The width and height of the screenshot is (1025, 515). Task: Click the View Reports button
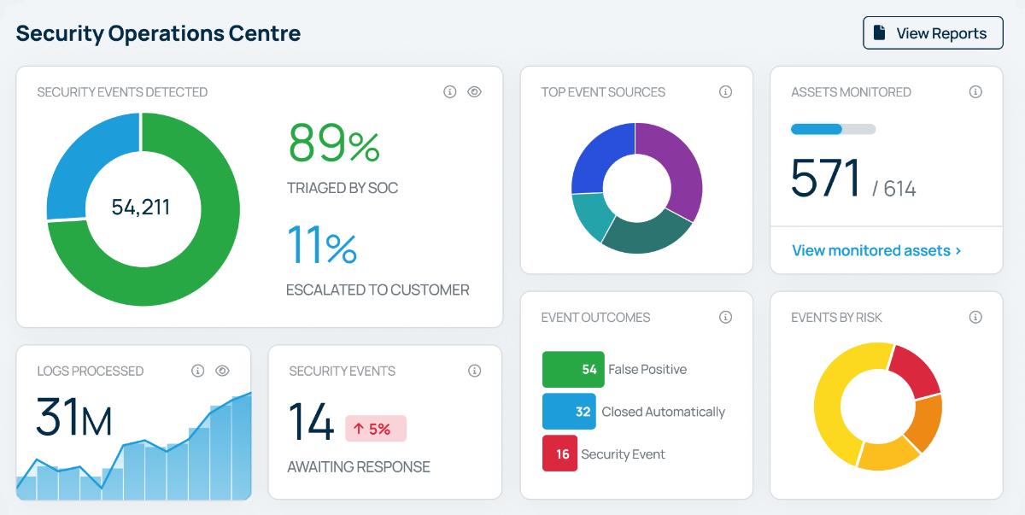coord(933,33)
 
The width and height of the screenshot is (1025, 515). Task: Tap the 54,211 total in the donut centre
coord(141,207)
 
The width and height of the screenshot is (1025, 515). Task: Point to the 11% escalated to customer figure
coord(322,244)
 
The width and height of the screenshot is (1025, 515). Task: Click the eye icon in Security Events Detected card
coord(475,92)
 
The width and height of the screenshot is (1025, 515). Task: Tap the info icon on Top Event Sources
coord(725,92)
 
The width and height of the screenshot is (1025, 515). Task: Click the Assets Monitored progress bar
coord(833,129)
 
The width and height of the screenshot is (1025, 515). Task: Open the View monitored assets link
coord(876,250)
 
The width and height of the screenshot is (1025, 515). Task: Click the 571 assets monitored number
coord(825,178)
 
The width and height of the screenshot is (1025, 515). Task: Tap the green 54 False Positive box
coord(573,370)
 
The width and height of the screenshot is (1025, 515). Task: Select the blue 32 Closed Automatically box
coord(569,412)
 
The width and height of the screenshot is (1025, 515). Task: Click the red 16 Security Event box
coord(559,454)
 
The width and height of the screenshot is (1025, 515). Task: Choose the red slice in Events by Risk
coord(916,369)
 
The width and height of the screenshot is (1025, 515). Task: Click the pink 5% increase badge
coord(376,429)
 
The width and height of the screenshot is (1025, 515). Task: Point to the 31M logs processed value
coord(73,419)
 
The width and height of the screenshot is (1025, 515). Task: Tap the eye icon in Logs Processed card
coord(222,371)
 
